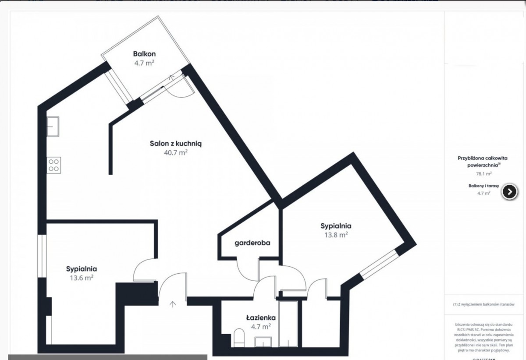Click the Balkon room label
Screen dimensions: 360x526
[144, 54]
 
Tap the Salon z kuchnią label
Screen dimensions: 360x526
[175, 143]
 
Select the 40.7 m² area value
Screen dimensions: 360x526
[175, 152]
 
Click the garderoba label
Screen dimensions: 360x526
[252, 242]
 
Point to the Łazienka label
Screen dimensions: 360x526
[260, 317]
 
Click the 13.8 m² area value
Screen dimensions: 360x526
[336, 235]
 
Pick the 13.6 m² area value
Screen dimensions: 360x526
[82, 278]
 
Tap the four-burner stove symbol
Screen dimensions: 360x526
[54, 165]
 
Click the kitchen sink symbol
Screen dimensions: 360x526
[54, 127]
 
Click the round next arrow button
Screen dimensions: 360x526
[509, 191]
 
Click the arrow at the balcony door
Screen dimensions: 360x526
[171, 78]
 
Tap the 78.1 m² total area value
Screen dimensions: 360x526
[482, 174]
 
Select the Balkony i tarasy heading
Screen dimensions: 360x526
[483, 186]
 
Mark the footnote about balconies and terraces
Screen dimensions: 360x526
[483, 304]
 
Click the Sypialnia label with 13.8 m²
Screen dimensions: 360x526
[336, 226]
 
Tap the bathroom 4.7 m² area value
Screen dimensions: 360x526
[260, 326]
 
